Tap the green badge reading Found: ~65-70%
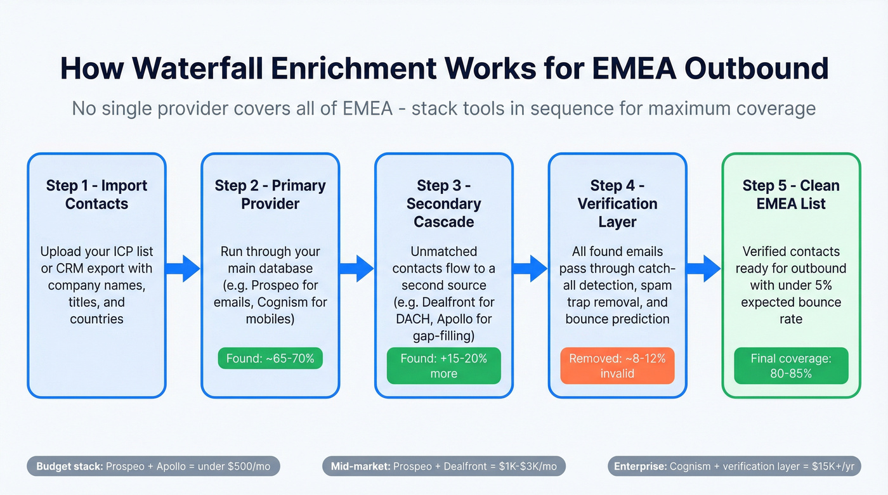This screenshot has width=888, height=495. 270,358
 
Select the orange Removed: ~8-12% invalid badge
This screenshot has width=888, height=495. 617,366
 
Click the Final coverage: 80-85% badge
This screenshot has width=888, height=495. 791,366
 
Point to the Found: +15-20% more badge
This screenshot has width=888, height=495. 443,366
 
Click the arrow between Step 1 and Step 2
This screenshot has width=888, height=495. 183,268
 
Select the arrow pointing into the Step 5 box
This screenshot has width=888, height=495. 704,268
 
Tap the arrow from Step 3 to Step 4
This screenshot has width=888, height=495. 530,268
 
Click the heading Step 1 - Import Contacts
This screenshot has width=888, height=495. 96,195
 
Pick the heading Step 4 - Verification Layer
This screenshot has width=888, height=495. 617,203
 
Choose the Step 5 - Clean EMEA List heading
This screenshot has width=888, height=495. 791,195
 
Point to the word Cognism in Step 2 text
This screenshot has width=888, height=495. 285,302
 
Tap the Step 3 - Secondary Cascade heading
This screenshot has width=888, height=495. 443,203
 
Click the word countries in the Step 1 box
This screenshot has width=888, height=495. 96,319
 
